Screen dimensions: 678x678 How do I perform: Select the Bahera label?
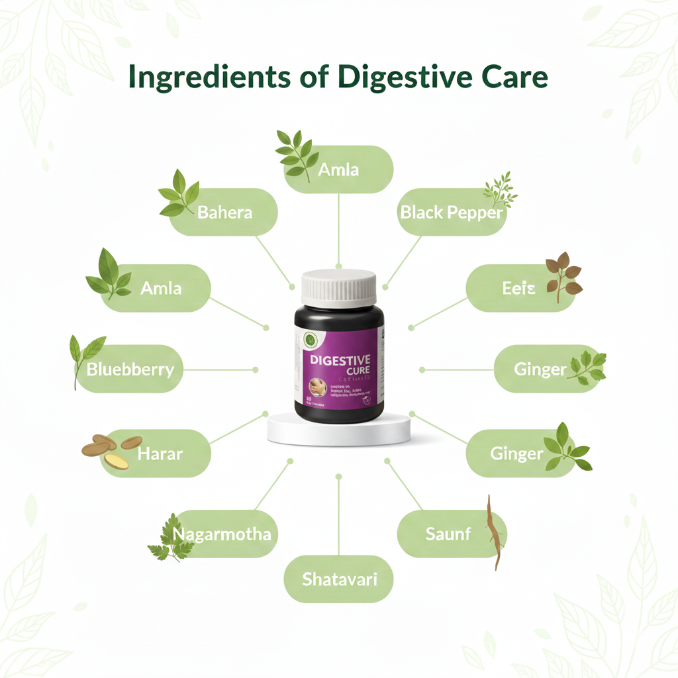click(225, 212)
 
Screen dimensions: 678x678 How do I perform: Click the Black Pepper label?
click(452, 213)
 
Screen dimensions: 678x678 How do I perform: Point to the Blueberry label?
click(130, 369)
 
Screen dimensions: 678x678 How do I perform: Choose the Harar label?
click(160, 454)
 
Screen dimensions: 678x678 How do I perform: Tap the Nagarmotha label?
click(221, 534)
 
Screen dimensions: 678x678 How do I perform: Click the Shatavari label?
click(339, 579)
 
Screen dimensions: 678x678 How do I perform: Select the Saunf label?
click(448, 534)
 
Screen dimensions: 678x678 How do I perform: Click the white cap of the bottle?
click(339, 287)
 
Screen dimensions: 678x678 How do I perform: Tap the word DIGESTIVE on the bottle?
click(336, 360)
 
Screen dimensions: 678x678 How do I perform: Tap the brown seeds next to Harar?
click(111, 450)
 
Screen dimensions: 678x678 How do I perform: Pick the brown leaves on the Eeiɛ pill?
click(562, 277)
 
